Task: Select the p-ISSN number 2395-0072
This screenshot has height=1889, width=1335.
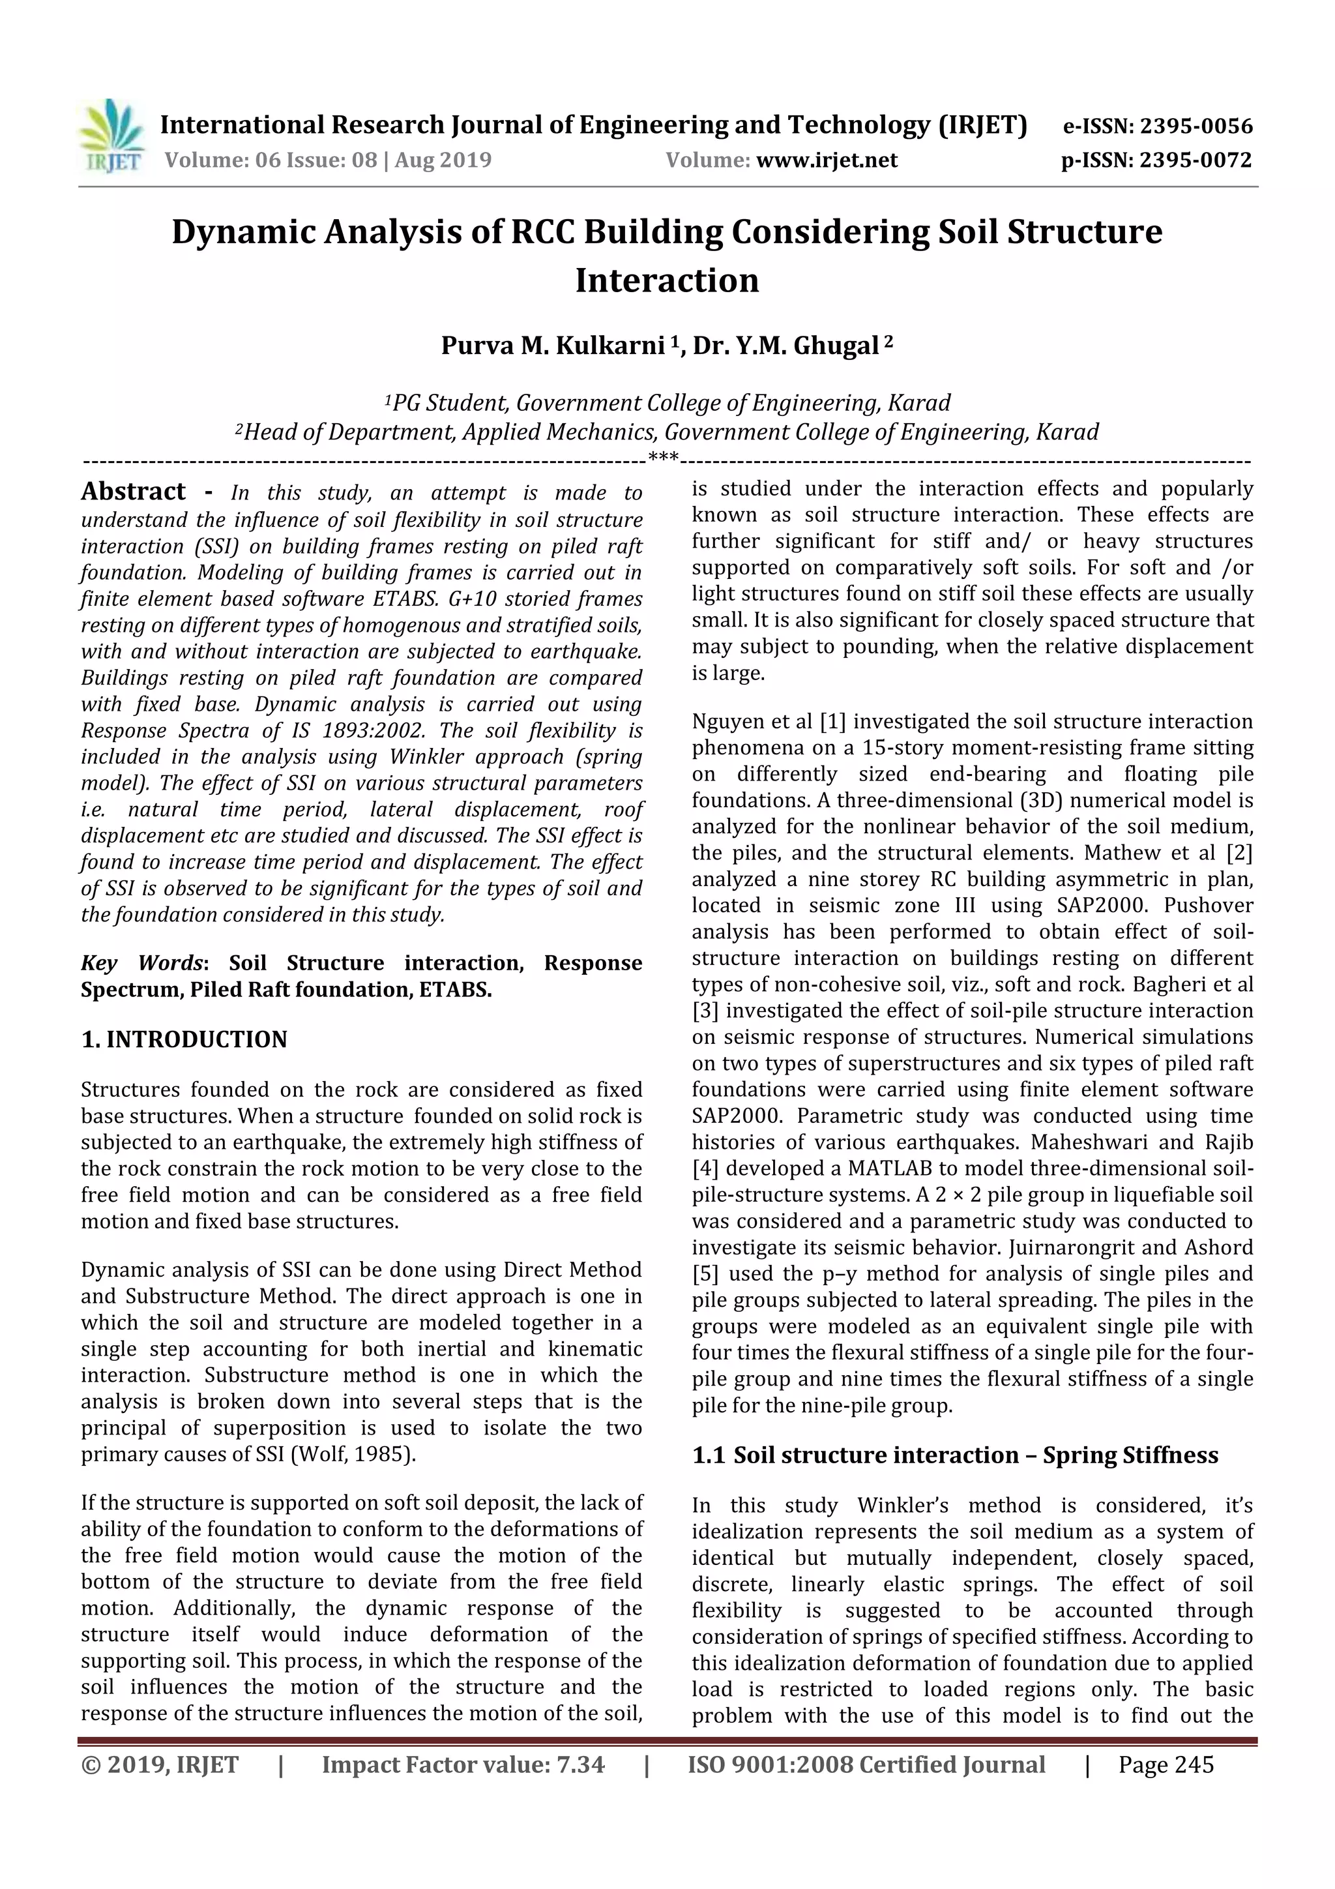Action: [1195, 160]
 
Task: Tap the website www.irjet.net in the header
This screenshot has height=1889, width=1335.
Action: [827, 160]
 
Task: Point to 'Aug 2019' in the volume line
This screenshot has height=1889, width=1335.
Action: [443, 160]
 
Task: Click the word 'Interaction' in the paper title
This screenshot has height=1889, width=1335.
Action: [666, 280]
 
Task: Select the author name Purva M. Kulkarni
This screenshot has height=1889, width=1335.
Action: [552, 346]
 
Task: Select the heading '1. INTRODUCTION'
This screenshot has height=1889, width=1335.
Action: [184, 1039]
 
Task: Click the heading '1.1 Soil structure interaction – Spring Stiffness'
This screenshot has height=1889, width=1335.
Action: [954, 1455]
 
